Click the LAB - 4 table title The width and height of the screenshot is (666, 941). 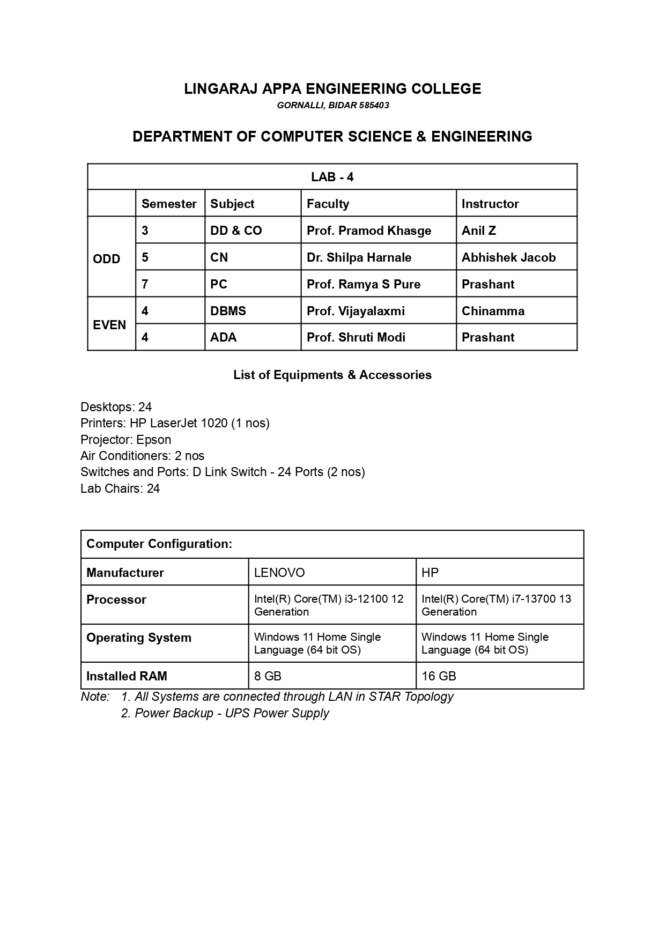pyautogui.click(x=332, y=177)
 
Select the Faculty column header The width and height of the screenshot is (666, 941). pyautogui.click(x=328, y=204)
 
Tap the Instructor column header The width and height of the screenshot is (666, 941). pyautogui.click(x=490, y=204)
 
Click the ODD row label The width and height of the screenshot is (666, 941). pyautogui.click(x=107, y=259)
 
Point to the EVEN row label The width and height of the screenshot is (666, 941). pyautogui.click(x=109, y=325)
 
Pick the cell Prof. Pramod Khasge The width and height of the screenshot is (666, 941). pyautogui.click(x=369, y=231)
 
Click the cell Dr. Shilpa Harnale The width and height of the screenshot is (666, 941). pyautogui.click(x=359, y=257)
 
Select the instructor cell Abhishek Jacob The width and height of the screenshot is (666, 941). pyautogui.click(x=508, y=257)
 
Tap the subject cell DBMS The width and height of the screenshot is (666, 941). pyautogui.click(x=228, y=311)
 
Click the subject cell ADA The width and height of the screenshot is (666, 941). pyautogui.click(x=223, y=337)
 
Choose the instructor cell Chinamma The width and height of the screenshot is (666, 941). pyautogui.click(x=493, y=311)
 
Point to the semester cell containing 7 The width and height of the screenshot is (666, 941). pyautogui.click(x=145, y=284)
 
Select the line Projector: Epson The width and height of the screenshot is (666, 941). pyautogui.click(x=126, y=440)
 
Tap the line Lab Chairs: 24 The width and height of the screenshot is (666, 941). pyautogui.click(x=120, y=488)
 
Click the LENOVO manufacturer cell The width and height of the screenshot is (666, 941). pyautogui.click(x=279, y=573)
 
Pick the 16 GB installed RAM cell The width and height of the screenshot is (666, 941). pyautogui.click(x=439, y=676)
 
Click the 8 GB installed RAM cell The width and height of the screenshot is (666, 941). pyautogui.click(x=268, y=676)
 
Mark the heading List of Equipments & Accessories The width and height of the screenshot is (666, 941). pyautogui.click(x=332, y=375)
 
